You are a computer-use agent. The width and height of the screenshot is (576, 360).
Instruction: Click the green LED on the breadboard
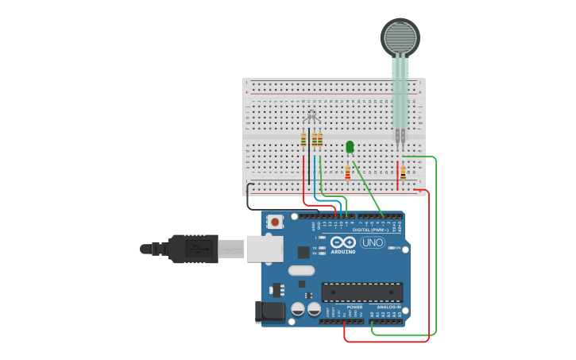coord(350,146)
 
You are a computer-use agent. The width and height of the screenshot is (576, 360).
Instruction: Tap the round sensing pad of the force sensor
coord(400,37)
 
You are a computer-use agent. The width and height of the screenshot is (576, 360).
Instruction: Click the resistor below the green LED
coord(347,172)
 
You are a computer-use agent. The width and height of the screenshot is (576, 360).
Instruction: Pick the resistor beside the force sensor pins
coord(403,172)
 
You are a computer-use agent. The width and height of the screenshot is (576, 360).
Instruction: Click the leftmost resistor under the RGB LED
coord(303,140)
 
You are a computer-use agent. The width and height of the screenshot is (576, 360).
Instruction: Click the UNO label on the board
coord(372,242)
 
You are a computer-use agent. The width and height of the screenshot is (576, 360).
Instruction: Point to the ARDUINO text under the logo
coord(343,252)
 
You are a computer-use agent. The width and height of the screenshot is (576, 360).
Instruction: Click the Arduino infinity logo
coord(343,242)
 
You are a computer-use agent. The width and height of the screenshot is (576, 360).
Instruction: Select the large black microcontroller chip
coord(361,292)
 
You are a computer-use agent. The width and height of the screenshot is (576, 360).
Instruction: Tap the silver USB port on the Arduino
coord(265,249)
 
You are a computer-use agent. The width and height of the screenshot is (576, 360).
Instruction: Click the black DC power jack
coord(269,312)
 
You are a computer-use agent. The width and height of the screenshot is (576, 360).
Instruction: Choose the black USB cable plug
coord(191,249)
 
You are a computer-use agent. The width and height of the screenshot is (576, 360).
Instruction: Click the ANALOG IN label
coord(389,307)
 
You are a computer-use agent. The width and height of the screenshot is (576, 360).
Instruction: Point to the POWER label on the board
coord(354,307)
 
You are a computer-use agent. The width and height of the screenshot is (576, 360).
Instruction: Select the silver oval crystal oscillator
coord(301,270)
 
